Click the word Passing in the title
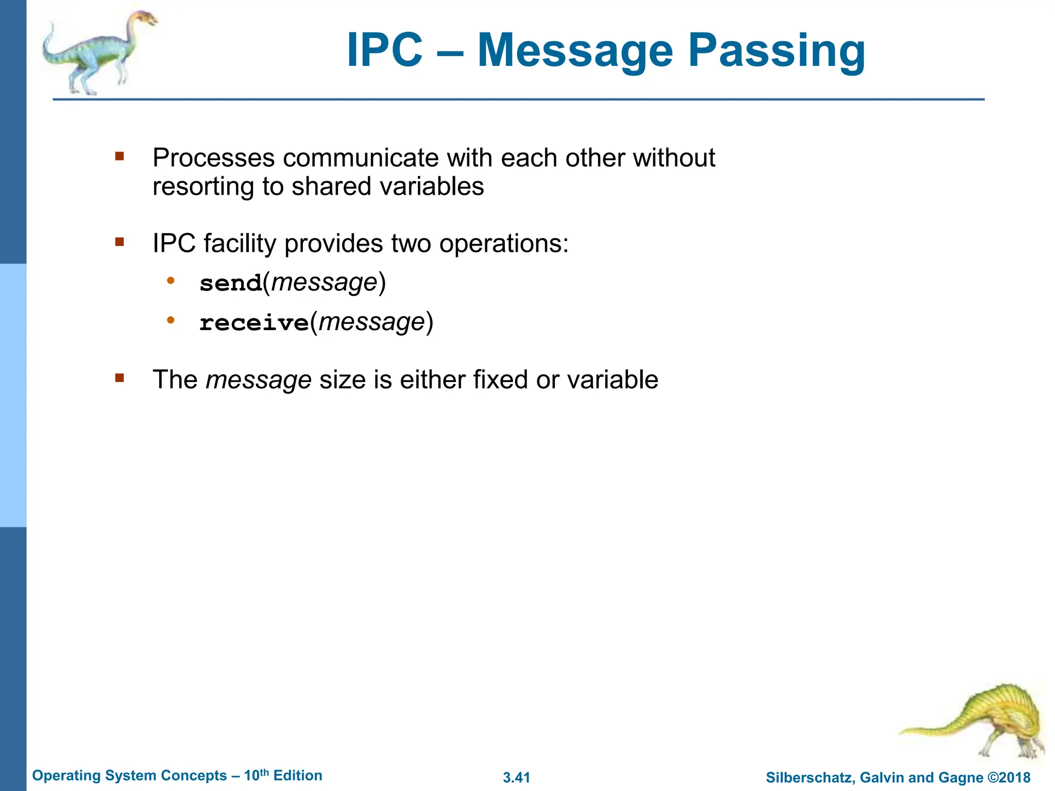click(x=776, y=50)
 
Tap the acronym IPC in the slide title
click(x=384, y=50)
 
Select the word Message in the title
click(x=575, y=50)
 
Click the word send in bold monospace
click(x=231, y=283)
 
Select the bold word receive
click(x=254, y=323)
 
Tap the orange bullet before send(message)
click(x=171, y=281)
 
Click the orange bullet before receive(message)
click(x=171, y=321)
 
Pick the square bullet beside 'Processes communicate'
click(x=120, y=156)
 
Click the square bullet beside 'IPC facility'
click(x=120, y=242)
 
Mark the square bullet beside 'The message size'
click(x=120, y=379)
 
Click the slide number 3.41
click(x=516, y=778)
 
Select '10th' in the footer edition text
click(x=256, y=775)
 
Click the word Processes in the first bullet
click(x=213, y=158)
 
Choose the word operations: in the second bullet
click(x=504, y=244)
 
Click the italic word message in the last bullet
click(x=259, y=380)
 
